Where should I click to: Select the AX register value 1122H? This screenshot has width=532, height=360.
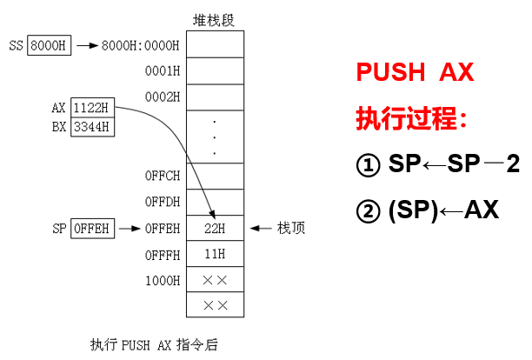pos(92,109)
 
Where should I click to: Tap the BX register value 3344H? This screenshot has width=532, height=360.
pos(92,127)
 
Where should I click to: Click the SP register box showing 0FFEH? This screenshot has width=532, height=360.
pos(91,229)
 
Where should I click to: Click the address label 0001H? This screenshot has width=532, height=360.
pos(163,70)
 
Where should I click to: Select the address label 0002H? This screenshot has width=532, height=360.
pos(163,95)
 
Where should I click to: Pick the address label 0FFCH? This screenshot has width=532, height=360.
pos(163,176)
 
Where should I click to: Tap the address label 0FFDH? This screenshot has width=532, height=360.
pos(163,203)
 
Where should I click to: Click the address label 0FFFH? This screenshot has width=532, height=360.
pos(163,255)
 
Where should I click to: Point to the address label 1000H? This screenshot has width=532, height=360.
pos(163,280)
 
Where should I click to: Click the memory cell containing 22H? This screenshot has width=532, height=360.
pos(215,229)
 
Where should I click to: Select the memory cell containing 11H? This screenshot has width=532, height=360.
pos(215,255)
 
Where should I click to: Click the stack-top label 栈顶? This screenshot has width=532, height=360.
pos(290,229)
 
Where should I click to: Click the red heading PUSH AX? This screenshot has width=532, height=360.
pos(415,72)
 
